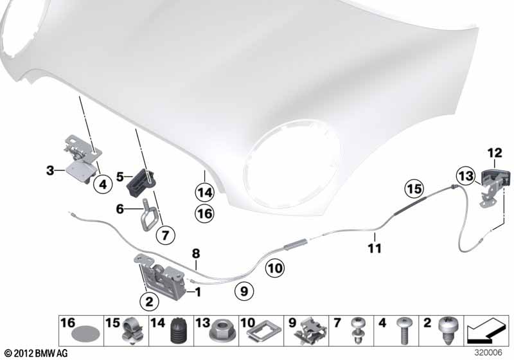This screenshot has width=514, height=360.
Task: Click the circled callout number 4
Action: pos(103,184)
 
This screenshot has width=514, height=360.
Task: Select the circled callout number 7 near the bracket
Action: pos(165,235)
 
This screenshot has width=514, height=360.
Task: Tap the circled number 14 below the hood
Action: pos(204,192)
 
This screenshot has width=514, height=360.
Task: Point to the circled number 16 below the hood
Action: pos(204,214)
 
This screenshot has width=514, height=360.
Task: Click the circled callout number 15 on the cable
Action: pos(414,189)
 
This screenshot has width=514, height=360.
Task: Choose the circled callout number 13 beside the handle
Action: pos(465,176)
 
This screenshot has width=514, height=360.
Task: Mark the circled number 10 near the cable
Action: pos(275,268)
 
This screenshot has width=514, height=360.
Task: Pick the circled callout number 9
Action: pos(244,291)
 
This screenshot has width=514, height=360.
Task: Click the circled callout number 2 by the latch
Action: pos(149,301)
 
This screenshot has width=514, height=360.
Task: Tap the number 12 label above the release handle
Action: pos(495,153)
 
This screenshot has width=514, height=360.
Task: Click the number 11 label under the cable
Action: pos(375,248)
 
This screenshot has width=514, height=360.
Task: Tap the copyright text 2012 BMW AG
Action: pos(37,354)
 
